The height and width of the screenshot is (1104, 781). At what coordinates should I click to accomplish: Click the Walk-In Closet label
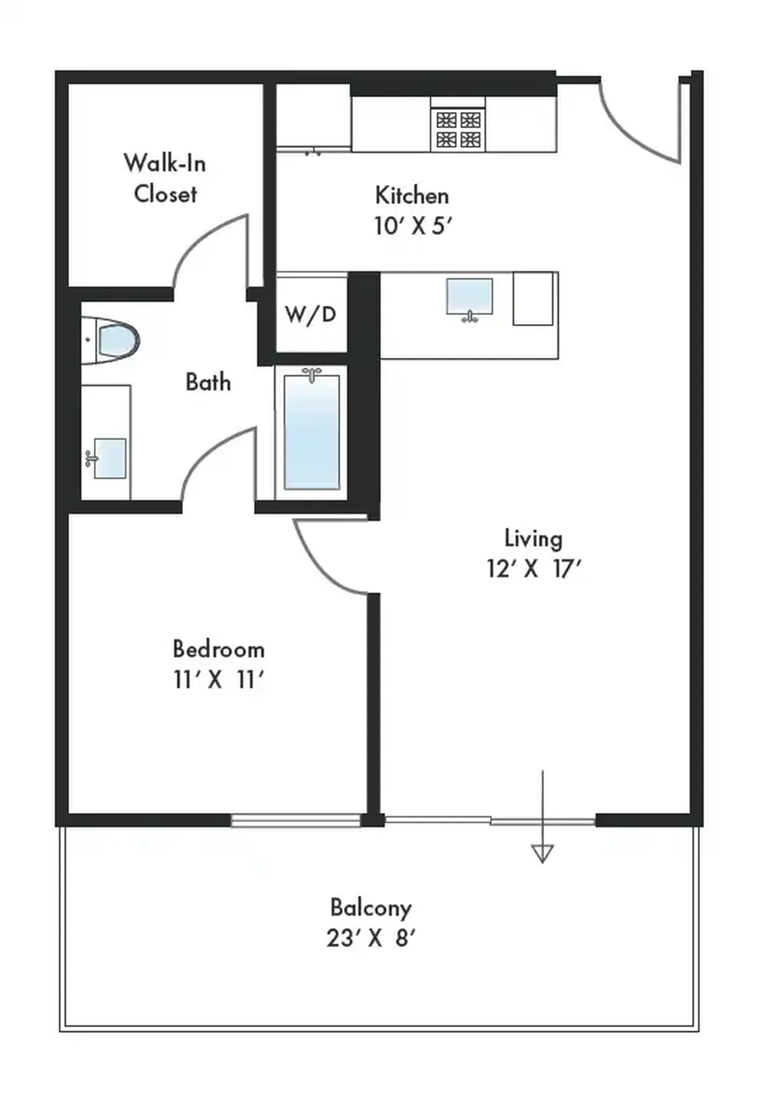click(x=165, y=178)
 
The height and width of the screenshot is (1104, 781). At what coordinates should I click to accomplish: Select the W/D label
click(x=311, y=314)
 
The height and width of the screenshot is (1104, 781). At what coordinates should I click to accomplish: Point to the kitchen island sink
click(x=470, y=299)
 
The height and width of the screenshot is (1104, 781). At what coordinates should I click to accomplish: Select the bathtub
click(x=311, y=432)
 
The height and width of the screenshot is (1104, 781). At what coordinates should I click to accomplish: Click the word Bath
click(x=208, y=383)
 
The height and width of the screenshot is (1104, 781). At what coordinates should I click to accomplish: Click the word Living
click(x=533, y=539)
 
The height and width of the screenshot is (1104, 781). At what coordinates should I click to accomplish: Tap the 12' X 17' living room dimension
click(x=534, y=569)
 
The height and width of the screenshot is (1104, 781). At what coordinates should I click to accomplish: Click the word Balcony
click(x=370, y=909)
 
